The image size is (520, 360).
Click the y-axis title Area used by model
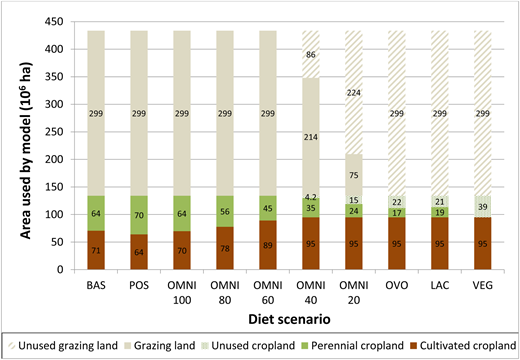coord(19,145)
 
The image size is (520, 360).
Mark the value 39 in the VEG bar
coord(484,206)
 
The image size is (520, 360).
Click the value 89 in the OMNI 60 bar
coord(268,243)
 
